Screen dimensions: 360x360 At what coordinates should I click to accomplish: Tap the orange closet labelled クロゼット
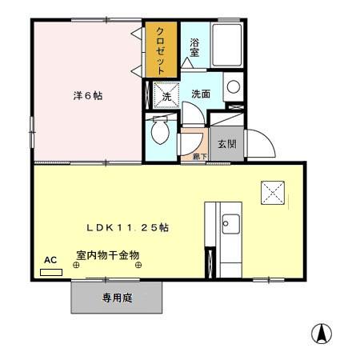tap(161, 50)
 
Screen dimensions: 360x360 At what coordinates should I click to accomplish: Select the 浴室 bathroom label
tap(194, 49)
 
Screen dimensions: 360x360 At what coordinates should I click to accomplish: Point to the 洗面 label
tap(200, 94)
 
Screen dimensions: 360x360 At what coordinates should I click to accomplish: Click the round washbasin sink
tap(233, 87)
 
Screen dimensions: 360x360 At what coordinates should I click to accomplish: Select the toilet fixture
tap(159, 131)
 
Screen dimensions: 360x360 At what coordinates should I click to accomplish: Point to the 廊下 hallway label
tap(199, 157)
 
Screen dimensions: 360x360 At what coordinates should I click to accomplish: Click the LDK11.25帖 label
tap(128, 227)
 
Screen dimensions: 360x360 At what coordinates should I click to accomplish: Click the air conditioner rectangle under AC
tap(51, 271)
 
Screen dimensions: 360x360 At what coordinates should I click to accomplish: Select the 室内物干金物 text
tap(108, 255)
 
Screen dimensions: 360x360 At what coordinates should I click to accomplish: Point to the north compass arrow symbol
tap(322, 333)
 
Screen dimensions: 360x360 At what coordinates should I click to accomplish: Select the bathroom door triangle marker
tap(190, 62)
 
